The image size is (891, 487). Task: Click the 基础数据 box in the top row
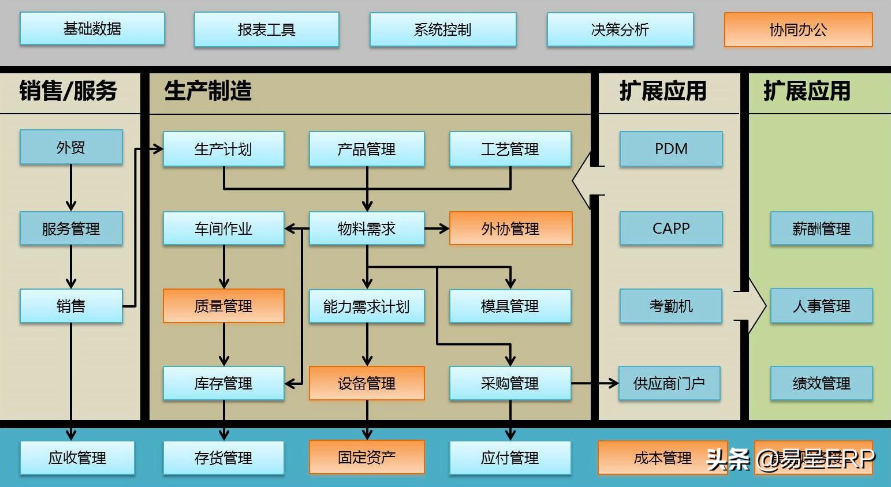[x=92, y=29]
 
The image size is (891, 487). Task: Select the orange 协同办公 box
[x=798, y=30]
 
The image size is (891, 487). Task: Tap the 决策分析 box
[x=620, y=30]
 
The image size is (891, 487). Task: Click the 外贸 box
[x=71, y=148]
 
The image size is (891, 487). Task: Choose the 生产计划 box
[x=223, y=149]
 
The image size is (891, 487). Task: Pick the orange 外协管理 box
[x=510, y=228]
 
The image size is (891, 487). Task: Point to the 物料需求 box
[x=367, y=228]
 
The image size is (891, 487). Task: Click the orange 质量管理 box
[x=223, y=306]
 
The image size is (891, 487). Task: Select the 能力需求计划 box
[x=367, y=306]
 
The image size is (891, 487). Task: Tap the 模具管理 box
[x=510, y=306]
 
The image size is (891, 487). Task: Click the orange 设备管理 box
[x=367, y=383]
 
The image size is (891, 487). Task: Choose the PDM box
[x=671, y=149]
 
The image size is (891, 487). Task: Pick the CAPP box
[x=671, y=228]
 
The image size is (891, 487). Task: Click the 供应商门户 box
[x=669, y=383]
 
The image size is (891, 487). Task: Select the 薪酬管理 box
[x=821, y=228]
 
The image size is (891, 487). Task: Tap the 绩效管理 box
[x=821, y=383]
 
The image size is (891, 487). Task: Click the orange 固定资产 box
[x=367, y=457]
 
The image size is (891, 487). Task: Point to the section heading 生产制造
[x=208, y=91]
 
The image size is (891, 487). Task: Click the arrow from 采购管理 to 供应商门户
[x=595, y=383]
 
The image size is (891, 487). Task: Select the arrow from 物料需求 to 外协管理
[x=437, y=228]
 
